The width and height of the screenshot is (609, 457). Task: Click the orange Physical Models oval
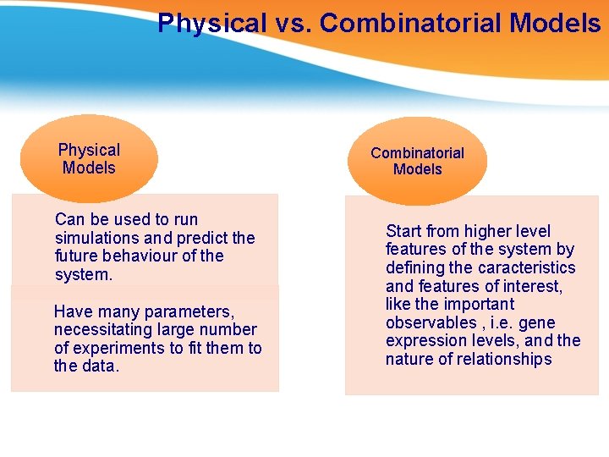[89, 158]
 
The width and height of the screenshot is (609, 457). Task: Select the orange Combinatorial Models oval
[417, 161]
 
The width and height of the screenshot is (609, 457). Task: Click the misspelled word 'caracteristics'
[524, 267]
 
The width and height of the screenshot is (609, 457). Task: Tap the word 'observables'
[431, 322]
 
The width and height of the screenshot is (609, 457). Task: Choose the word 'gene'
[537, 322]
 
